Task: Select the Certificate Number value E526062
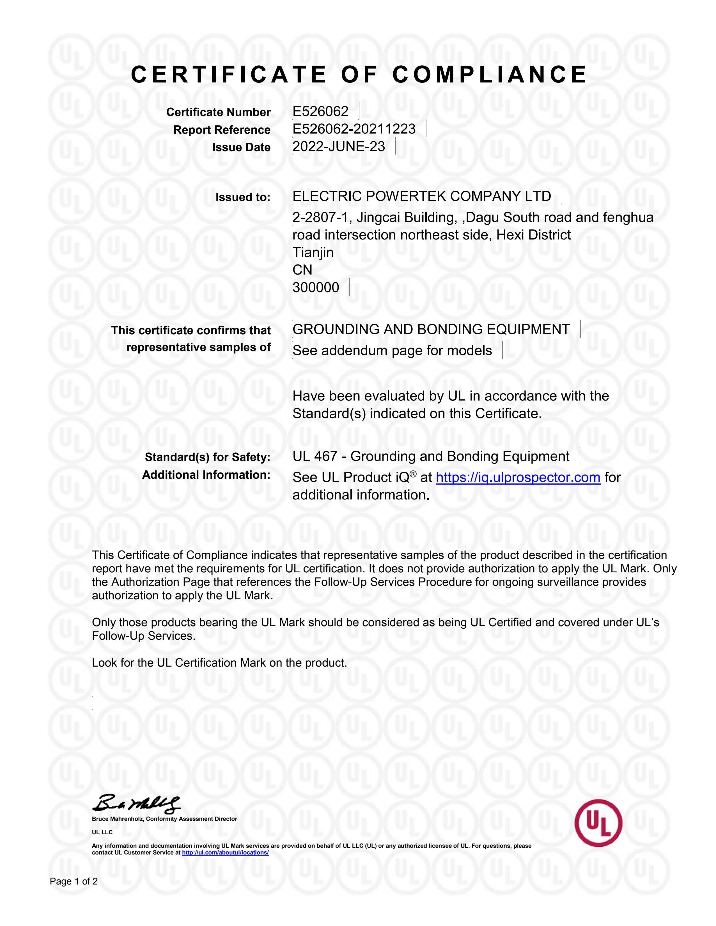[x=320, y=112]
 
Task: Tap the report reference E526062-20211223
[x=354, y=129]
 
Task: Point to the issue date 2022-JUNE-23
[x=338, y=147]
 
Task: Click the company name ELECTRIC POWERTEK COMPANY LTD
[x=422, y=196]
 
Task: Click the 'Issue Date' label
[x=241, y=148]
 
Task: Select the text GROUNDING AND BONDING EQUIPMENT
[x=431, y=330]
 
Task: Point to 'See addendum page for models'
[x=392, y=351]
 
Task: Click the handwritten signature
[x=136, y=803]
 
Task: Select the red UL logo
[x=598, y=823]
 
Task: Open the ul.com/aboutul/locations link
[x=225, y=852]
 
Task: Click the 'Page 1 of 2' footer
[x=74, y=881]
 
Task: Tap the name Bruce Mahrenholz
[x=118, y=819]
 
